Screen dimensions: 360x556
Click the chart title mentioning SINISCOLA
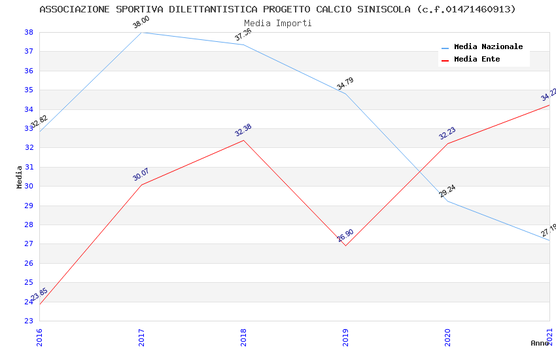[x=277, y=9]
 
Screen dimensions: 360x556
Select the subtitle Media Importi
[x=277, y=23]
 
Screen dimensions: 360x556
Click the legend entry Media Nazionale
[x=488, y=47]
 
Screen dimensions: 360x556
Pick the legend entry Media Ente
[x=477, y=59]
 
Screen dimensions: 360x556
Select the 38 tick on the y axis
[x=29, y=32]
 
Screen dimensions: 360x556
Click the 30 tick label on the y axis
[x=29, y=186]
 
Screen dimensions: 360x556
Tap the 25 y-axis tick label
[x=29, y=282]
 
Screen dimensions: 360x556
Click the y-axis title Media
[x=20, y=177]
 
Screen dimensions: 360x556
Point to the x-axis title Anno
[x=540, y=343]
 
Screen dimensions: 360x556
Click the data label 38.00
[x=141, y=23]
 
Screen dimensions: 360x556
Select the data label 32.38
[x=243, y=130]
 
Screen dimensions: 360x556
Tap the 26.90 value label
[x=345, y=236]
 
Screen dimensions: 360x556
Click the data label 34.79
[x=345, y=84]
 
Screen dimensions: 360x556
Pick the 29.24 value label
[x=447, y=191]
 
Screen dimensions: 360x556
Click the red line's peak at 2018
[x=243, y=140]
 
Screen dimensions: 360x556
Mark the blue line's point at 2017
[x=141, y=32]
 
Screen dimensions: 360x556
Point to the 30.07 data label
[x=141, y=175]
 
